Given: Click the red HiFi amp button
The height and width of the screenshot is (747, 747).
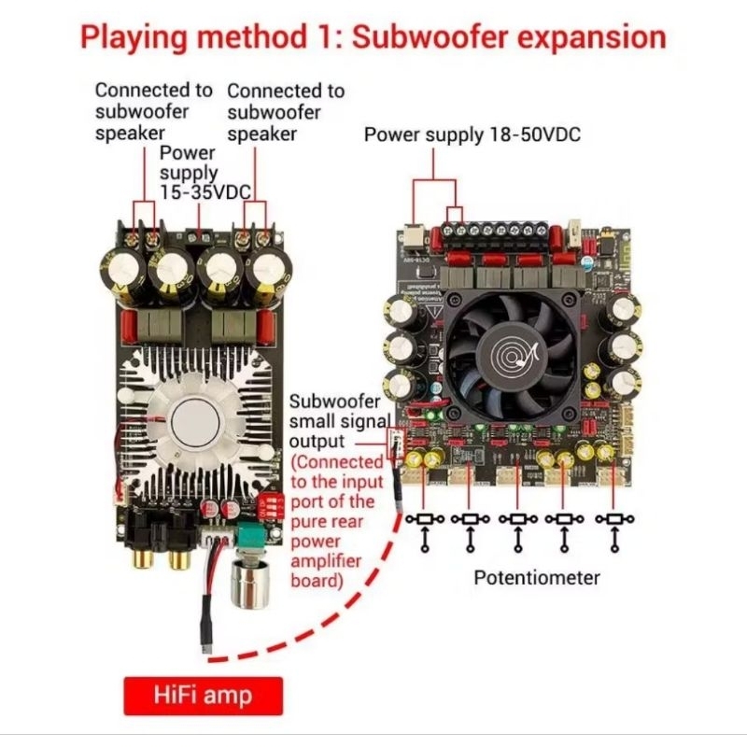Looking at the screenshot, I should [203, 696].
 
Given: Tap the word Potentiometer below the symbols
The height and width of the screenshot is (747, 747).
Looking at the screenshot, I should [536, 577].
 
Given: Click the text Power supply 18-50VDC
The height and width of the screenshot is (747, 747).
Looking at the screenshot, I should [472, 134].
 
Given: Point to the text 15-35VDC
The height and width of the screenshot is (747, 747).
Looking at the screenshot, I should [205, 192].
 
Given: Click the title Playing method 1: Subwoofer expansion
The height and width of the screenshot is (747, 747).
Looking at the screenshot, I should [373, 37].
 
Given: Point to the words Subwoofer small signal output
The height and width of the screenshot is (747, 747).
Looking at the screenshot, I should [334, 421].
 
